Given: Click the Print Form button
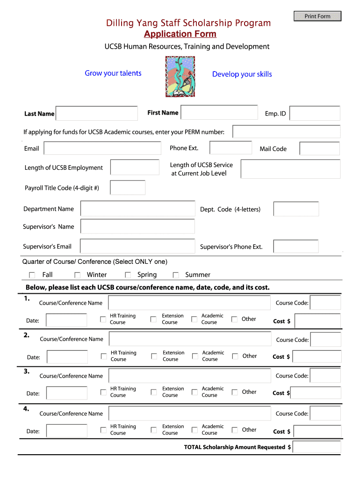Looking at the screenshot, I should [317, 16].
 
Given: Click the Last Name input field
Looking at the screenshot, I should [97, 114].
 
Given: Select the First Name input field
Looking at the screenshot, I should [219, 112].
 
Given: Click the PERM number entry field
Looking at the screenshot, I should [286, 132].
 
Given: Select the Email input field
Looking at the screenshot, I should [102, 148].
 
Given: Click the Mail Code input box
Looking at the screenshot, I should [320, 149].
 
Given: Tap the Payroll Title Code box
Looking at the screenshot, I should [128, 188].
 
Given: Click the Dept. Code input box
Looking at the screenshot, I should [296, 209].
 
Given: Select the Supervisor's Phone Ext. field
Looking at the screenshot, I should [296, 247].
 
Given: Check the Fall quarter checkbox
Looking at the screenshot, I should [32, 275].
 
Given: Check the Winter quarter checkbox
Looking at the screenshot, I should [78, 275].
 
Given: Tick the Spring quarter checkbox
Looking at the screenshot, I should [128, 275].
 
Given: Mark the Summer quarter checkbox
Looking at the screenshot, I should [176, 275].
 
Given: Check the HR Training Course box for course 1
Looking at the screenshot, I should [103, 319].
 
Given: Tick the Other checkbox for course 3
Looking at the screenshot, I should [235, 392].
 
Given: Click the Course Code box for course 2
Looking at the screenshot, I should [325, 340].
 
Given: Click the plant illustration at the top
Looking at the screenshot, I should [180, 77].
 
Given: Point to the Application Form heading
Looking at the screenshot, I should [180, 34].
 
